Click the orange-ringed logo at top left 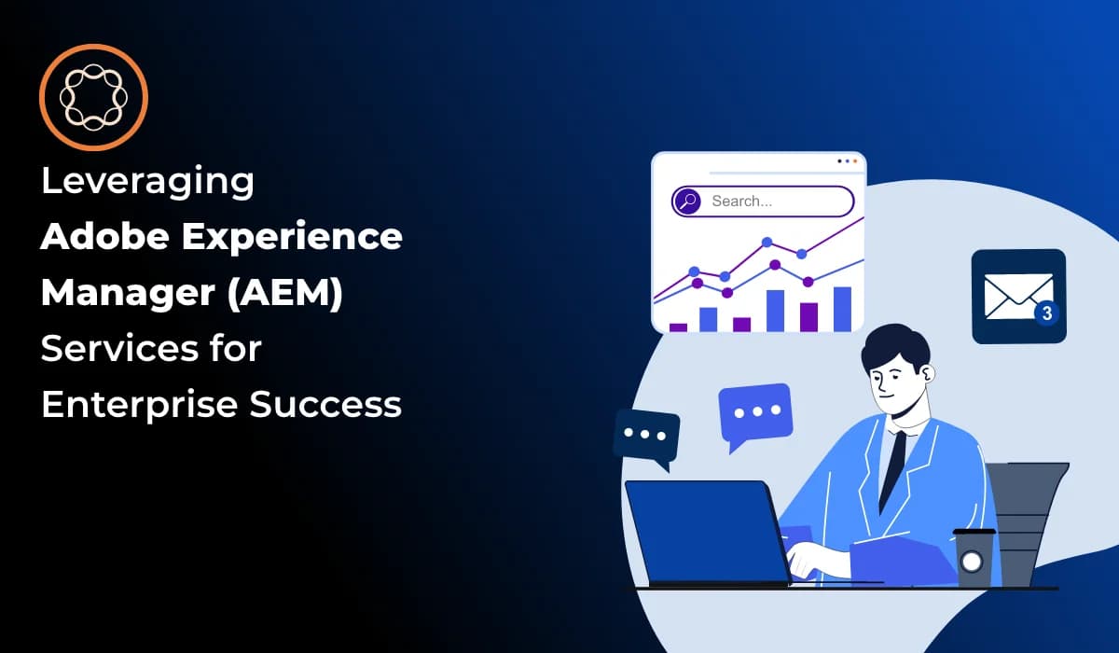93,97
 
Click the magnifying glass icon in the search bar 687,201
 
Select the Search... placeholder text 741,201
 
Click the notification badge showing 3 1046,313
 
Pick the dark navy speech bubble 646,436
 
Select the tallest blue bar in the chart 841,308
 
